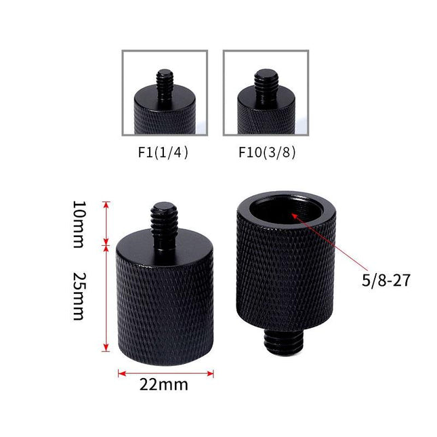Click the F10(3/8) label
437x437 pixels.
point(266,152)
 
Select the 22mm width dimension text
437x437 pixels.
point(164,386)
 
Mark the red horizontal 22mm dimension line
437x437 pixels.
point(165,373)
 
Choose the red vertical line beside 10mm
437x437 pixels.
point(106,222)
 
